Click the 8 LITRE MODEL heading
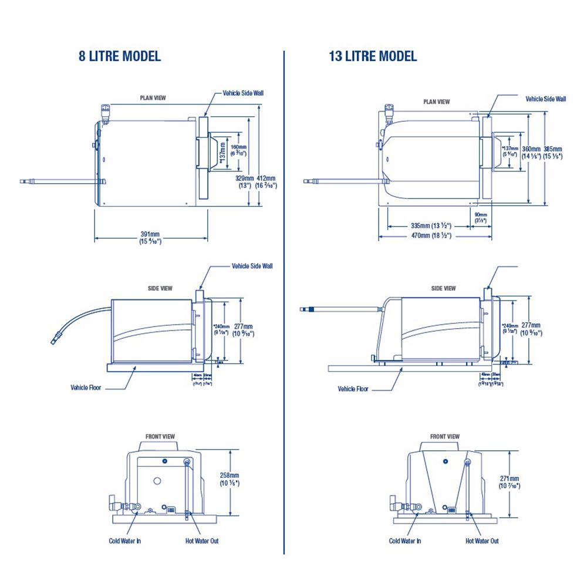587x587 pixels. [120, 56]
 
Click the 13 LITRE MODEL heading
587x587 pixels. [373, 56]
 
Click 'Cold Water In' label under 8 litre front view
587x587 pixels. [124, 541]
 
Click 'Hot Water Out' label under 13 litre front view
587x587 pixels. [482, 541]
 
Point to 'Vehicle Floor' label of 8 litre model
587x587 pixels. [86, 387]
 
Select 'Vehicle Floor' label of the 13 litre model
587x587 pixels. [353, 389]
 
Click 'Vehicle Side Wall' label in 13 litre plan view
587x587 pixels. [545, 99]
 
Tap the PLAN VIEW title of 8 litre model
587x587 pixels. [153, 98]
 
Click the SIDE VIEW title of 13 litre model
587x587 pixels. [443, 288]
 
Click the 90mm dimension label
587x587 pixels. [480, 217]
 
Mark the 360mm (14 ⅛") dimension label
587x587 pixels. [531, 152]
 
